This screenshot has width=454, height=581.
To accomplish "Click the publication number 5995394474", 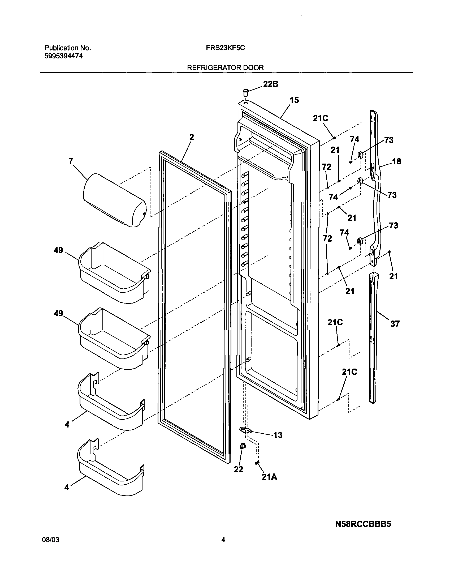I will coord(63,56).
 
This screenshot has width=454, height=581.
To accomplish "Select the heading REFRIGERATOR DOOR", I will coord(225,67).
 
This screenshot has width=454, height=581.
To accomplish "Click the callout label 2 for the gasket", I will coord(192,137).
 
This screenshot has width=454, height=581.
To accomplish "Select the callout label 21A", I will coord(269,477).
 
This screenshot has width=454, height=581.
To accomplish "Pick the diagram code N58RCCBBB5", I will coord(363,524).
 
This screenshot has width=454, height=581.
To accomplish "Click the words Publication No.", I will coord(67,48).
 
